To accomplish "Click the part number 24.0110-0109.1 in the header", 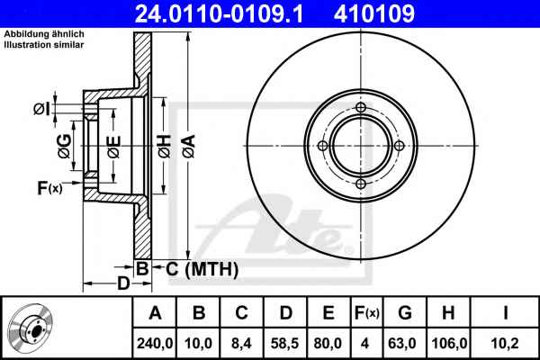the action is point(219,13).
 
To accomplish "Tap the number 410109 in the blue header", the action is point(374,13).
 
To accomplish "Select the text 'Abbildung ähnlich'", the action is point(44,34).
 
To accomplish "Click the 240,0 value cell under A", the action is point(155,343).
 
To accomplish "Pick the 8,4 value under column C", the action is point(241,343).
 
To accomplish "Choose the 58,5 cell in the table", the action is point(285,343).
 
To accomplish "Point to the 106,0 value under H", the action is point(449,343).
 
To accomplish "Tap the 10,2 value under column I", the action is point(504,343).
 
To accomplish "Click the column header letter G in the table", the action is point(405,312).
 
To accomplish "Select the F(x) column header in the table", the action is point(367,312).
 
